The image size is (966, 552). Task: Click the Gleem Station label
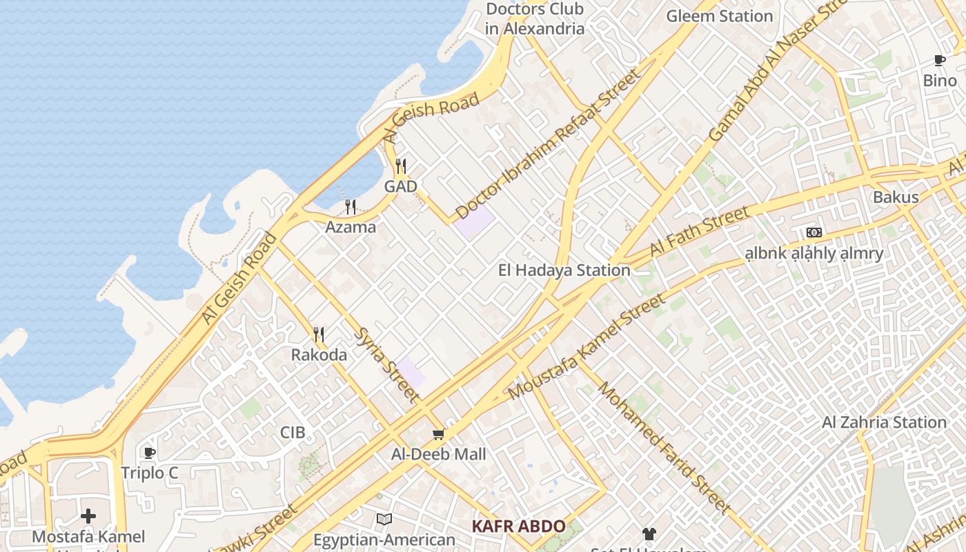coord(719,16)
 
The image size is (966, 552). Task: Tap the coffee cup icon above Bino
coord(940,61)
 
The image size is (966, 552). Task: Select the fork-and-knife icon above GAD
coord(401,166)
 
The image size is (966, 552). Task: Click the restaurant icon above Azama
coord(351,206)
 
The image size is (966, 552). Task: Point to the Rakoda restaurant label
coord(319,355)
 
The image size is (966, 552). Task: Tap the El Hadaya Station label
coord(564,270)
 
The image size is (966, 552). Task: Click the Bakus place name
coord(896,197)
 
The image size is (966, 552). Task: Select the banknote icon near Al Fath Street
coord(814,233)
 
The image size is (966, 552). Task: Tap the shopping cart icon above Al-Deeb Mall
coord(438,434)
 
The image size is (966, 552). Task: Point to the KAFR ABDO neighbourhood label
coord(518,526)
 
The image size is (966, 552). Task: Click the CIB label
coord(293,433)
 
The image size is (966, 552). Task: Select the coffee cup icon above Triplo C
coord(150,453)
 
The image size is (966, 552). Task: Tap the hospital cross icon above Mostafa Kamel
coord(88,515)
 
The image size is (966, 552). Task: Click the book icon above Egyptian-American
coord(384,519)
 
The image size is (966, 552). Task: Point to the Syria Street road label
coord(386,364)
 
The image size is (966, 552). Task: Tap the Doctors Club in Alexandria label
coord(534,19)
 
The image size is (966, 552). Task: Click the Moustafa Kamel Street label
coord(587,346)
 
